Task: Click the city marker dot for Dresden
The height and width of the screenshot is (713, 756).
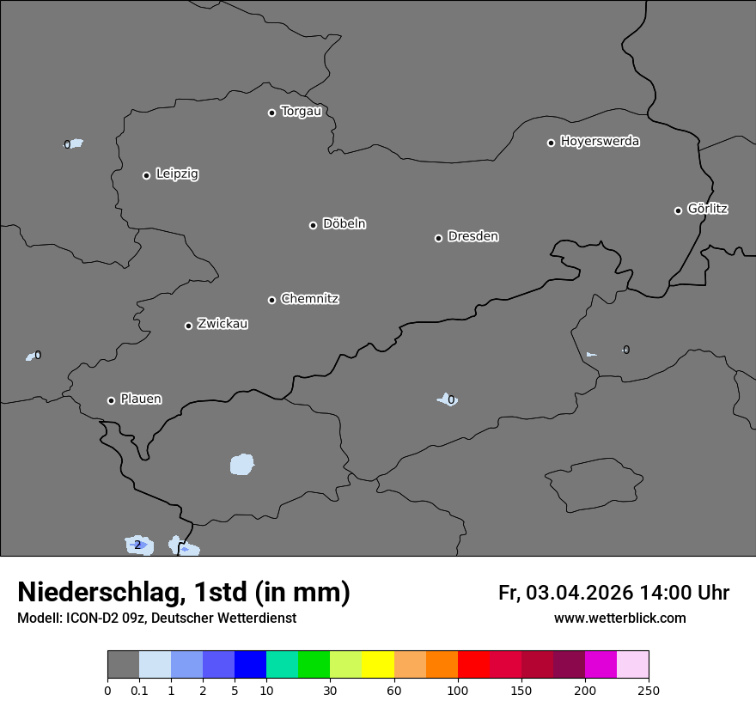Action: [438, 238]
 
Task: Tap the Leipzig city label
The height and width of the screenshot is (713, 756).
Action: [177, 174]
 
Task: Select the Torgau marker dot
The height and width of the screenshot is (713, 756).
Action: [271, 113]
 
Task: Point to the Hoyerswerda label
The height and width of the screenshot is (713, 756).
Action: [600, 142]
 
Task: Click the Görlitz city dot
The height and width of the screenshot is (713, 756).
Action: [678, 210]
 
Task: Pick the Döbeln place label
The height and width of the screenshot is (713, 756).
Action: [344, 224]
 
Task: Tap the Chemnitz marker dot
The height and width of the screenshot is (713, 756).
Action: [271, 300]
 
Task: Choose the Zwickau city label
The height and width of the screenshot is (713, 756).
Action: [223, 324]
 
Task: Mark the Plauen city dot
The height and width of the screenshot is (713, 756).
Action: [111, 400]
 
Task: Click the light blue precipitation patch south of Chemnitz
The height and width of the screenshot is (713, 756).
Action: [242, 465]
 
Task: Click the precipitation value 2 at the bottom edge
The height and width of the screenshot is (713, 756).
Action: [137, 545]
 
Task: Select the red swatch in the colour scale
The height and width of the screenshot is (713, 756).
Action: [473, 665]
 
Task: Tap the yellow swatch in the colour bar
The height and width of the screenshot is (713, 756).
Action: [378, 665]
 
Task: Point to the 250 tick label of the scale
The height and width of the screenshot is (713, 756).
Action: [648, 690]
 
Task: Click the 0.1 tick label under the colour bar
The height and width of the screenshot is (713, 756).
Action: [139, 690]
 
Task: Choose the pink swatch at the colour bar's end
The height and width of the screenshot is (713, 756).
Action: [632, 665]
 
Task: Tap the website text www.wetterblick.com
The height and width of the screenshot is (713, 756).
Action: [619, 618]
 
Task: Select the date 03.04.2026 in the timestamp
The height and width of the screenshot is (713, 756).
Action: [579, 593]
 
